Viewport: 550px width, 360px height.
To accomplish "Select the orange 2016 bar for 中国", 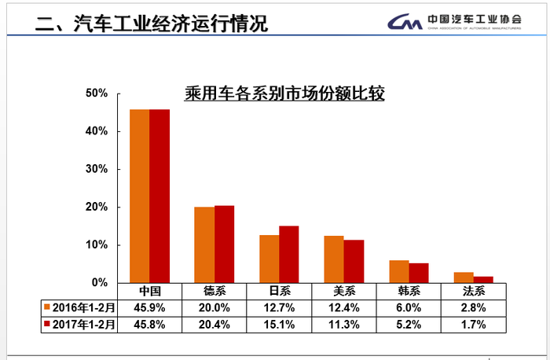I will (x=139, y=196).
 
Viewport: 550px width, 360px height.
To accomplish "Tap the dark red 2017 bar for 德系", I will (x=224, y=244).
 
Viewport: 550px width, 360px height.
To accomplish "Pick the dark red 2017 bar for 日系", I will (x=288, y=254).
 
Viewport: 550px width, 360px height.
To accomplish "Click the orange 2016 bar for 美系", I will (x=333, y=259).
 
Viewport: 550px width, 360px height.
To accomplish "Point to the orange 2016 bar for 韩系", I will (x=398, y=271).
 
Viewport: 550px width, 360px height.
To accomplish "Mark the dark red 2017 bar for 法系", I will (x=482, y=279).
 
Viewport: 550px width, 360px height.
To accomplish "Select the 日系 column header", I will (x=278, y=291).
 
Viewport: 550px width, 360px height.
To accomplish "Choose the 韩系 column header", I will (x=408, y=291).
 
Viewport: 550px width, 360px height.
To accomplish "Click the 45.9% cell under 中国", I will (x=149, y=307).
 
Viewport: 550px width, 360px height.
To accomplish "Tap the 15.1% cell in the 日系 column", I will (x=278, y=323).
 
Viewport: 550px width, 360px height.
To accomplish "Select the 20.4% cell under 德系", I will (x=214, y=323).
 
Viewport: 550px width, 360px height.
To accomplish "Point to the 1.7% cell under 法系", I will (x=472, y=323).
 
